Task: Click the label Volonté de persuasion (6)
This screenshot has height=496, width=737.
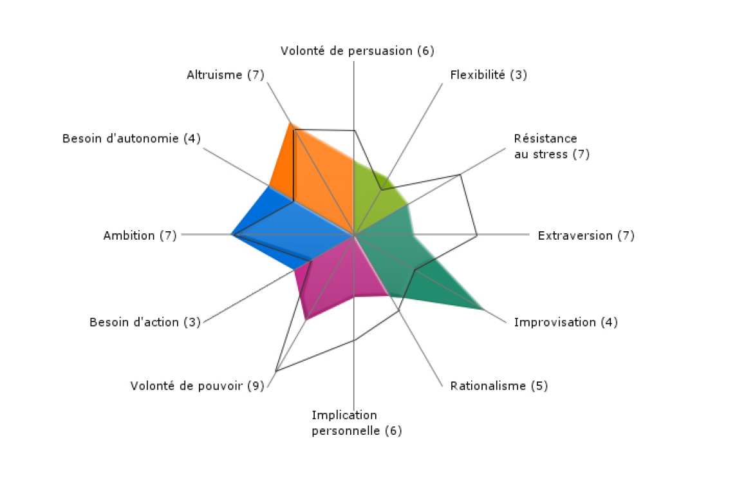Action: [357, 51]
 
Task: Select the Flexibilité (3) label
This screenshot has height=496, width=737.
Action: [489, 75]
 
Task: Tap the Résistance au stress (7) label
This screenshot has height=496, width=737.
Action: [552, 146]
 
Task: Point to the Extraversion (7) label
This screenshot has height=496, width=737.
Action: [586, 235]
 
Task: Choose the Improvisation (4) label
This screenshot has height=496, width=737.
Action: [565, 322]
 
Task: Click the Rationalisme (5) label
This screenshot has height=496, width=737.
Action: [499, 386]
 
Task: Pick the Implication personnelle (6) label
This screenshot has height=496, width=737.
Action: [357, 423]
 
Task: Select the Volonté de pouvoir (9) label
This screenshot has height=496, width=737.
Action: [198, 386]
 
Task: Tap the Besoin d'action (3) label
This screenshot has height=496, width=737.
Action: [145, 322]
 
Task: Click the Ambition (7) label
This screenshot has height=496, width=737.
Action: [140, 235]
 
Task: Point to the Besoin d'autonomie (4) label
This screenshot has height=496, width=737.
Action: [131, 138]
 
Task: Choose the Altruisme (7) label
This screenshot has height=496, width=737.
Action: [226, 75]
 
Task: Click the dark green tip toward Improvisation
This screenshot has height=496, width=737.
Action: [483, 309]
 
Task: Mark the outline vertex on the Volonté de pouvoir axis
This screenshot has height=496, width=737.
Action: [276, 371]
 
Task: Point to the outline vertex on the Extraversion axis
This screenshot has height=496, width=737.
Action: [476, 234]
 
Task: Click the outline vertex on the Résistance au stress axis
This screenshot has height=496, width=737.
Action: [460, 175]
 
